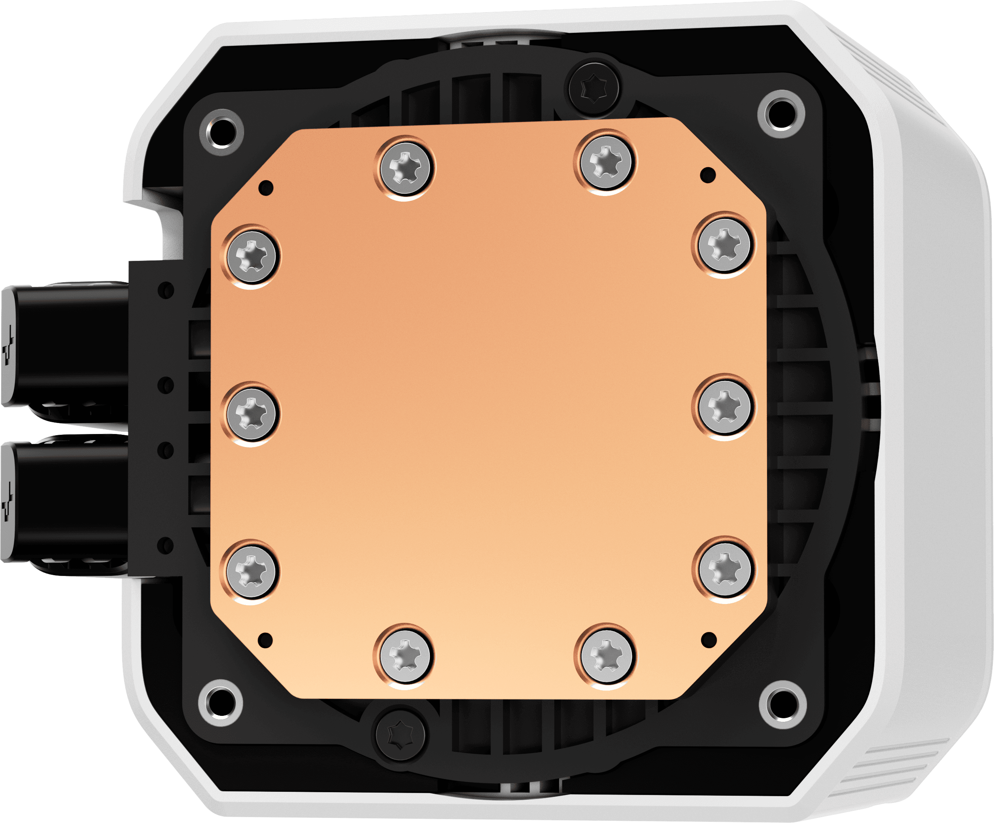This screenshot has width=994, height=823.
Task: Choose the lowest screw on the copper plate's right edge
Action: coord(725,568)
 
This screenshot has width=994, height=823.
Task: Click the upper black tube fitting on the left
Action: coord(66,345)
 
